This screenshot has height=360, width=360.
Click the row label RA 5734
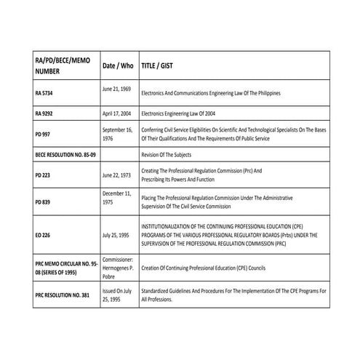click(46, 94)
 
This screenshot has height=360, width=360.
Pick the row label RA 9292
click(46, 114)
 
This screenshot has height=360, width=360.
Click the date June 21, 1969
click(116, 89)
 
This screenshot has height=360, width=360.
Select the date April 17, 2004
click(118, 114)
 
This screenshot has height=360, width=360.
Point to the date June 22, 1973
click(117, 175)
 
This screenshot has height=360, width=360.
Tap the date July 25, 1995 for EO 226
click(116, 236)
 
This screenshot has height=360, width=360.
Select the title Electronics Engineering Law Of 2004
click(183, 114)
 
